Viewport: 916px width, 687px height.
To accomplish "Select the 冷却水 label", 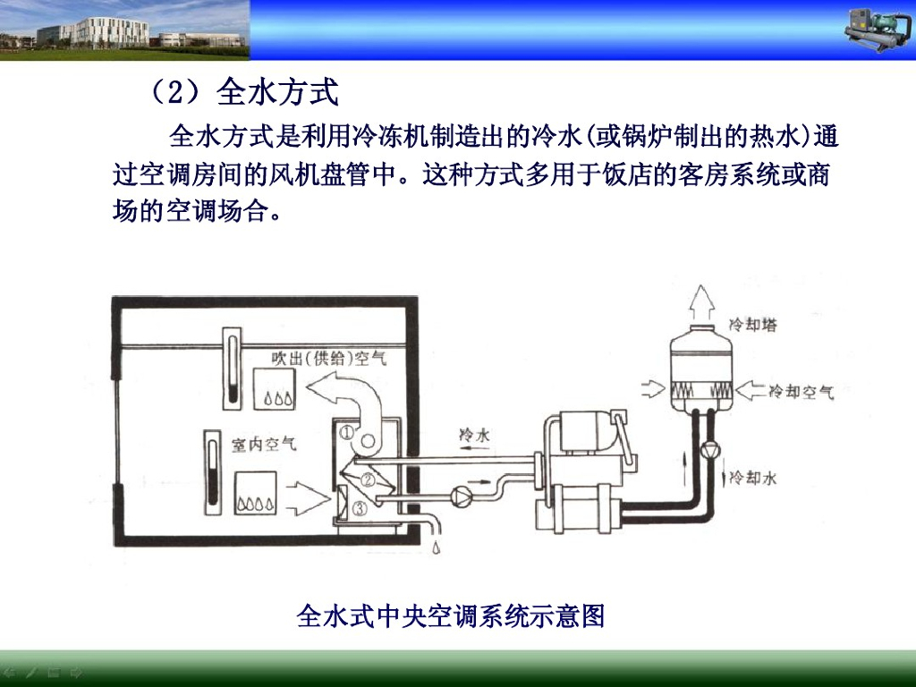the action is pos(753,479).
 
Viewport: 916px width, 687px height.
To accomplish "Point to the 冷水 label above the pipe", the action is pos(474,435).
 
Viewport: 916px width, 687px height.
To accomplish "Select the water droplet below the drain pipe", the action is pos(436,545).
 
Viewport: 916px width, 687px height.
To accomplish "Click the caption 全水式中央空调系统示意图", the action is pos(451,616).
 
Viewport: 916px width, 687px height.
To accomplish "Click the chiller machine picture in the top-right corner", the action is pos(878,30).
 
